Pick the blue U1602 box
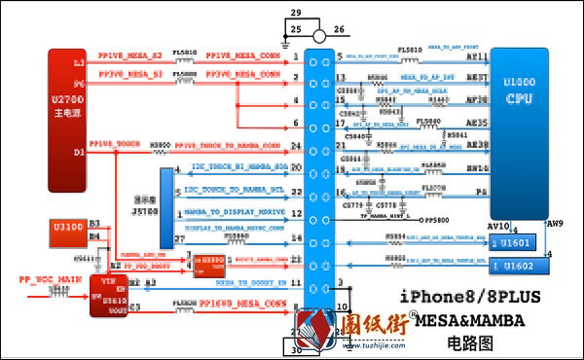pos(514,265)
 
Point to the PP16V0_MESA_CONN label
pos(243,305)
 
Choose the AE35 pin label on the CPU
pos(477,125)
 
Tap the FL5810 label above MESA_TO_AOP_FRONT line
pos(412,49)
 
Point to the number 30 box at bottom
pos(296,351)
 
